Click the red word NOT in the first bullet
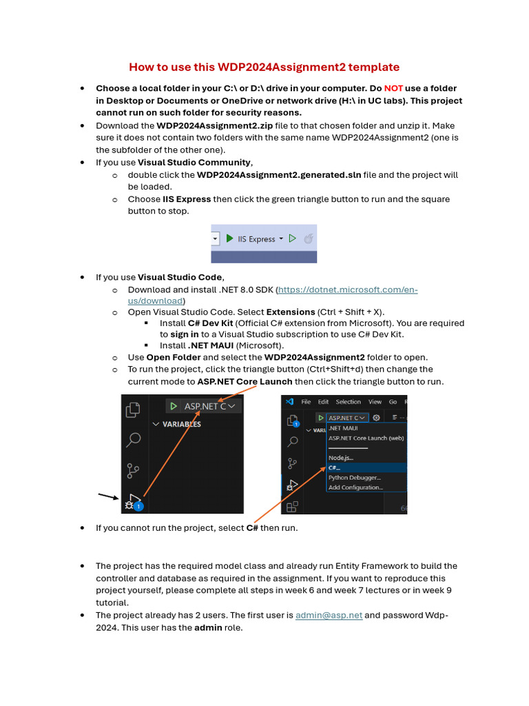393,88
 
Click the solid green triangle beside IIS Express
229,239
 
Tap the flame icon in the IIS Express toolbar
309,239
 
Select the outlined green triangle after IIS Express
292,239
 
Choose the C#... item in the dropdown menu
335,467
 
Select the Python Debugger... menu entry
354,477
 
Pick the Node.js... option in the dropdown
340,458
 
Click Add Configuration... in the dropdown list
355,487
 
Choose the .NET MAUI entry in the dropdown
343,427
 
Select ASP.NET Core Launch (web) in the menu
365,437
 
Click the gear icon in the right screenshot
376,417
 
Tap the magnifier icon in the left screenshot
133,439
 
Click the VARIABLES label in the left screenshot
181,425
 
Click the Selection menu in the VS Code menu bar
348,402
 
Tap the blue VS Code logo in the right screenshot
290,402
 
